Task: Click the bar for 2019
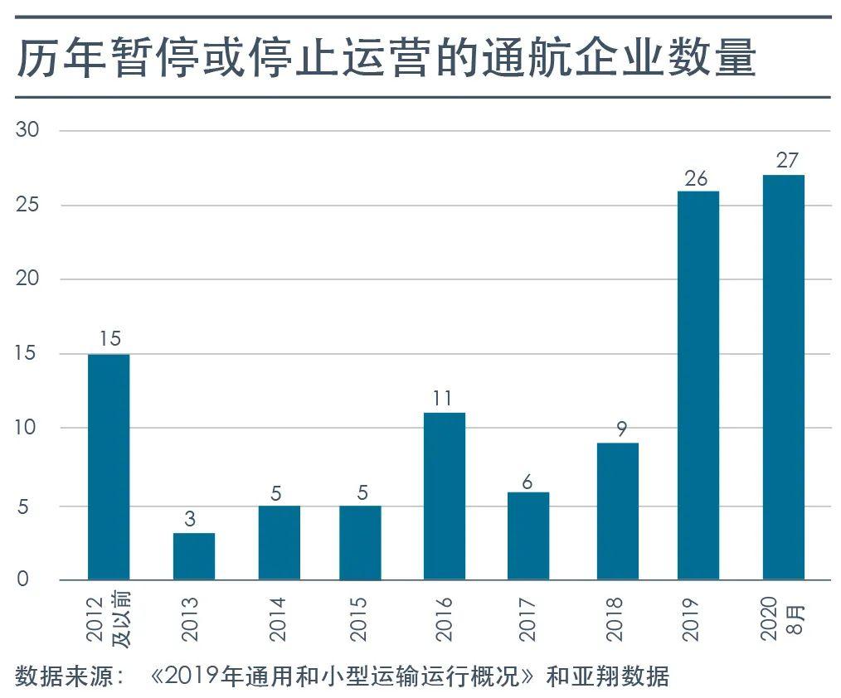tap(698, 385)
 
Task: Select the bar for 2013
tap(193, 556)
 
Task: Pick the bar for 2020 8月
tap(783, 377)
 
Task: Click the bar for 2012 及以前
tap(109, 467)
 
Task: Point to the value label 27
tap(786, 160)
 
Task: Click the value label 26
tap(698, 177)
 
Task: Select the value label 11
tap(443, 399)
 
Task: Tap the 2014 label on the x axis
tap(277, 618)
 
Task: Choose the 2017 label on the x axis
tap(527, 618)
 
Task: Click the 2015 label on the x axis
tap(358, 618)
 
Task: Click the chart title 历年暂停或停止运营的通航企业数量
tap(386, 60)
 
